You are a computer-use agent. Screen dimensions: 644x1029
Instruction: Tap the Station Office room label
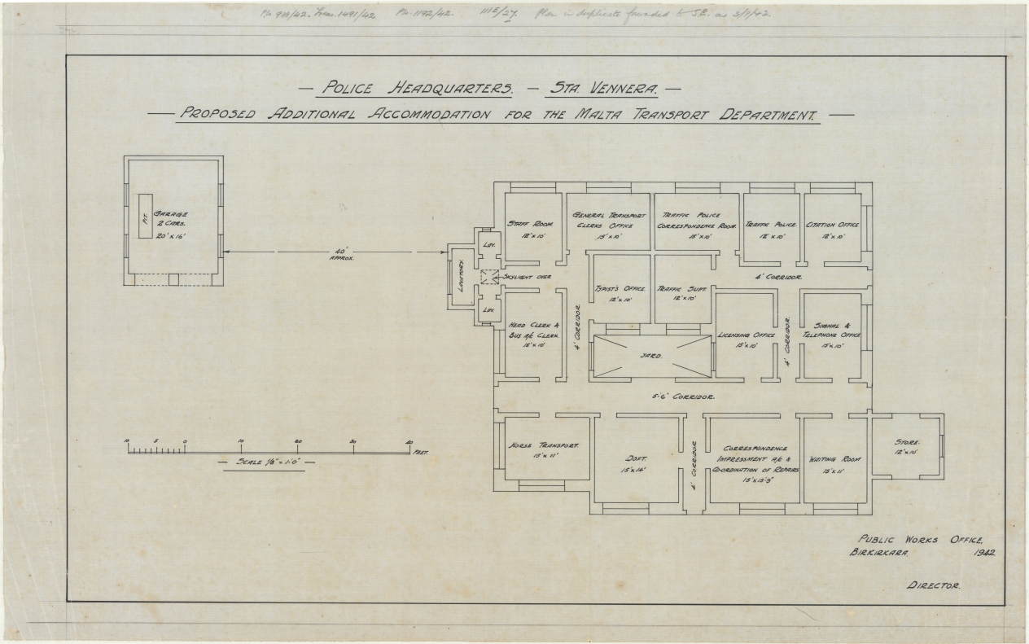832,224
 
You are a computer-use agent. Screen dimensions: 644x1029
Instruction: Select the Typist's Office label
620,288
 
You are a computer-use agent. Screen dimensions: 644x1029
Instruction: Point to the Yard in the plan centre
650,356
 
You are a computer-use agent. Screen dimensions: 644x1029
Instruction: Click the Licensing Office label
747,335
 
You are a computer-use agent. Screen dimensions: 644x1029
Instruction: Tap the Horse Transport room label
543,446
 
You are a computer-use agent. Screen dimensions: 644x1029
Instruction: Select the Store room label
907,443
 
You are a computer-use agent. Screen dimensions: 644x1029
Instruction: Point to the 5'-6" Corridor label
684,396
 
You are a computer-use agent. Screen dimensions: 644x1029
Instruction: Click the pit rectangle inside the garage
145,216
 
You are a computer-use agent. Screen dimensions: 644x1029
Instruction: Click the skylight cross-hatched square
488,277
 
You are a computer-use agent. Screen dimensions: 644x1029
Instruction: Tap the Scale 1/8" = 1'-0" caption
267,462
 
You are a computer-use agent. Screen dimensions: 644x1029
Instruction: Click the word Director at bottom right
933,585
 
